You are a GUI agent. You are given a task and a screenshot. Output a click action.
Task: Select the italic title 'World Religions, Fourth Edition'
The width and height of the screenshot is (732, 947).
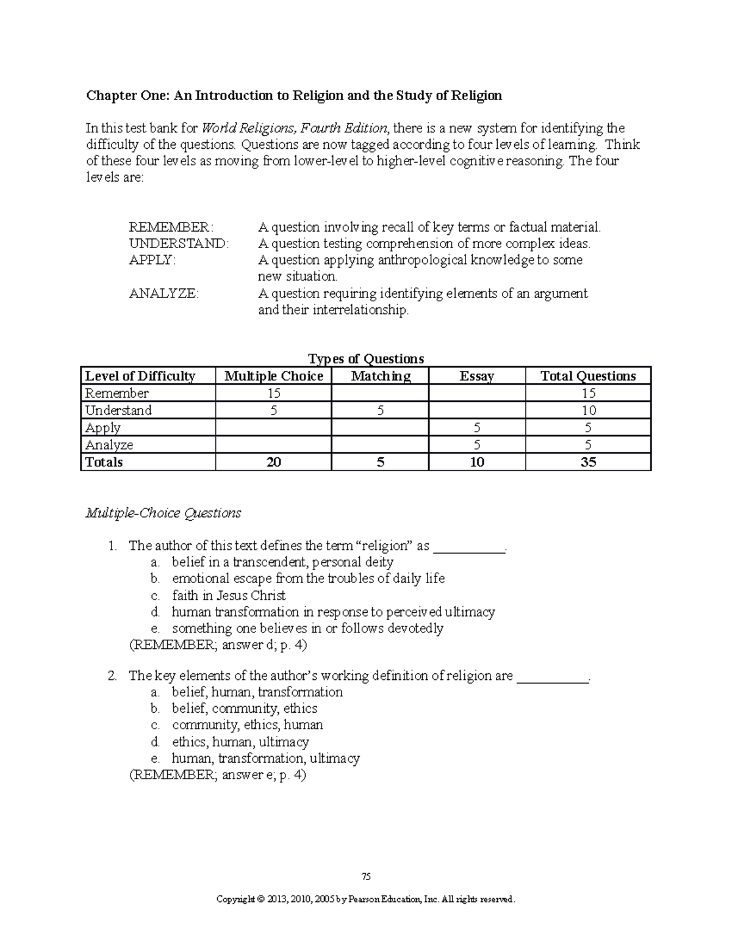click(294, 129)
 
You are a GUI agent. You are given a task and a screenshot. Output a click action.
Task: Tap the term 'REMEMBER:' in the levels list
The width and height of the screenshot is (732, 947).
click(171, 227)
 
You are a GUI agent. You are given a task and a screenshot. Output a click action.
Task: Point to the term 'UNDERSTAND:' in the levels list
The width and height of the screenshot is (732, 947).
click(179, 244)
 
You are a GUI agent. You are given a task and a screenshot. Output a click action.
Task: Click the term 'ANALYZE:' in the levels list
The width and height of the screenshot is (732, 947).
click(163, 293)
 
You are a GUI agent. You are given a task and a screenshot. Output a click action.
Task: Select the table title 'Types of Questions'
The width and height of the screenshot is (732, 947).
click(366, 359)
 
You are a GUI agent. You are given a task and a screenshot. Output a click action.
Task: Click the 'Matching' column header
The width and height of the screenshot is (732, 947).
click(380, 376)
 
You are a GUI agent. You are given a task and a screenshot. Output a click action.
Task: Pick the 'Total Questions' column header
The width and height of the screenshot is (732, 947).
click(588, 376)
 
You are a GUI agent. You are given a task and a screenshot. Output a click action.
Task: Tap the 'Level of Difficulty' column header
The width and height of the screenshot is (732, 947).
click(140, 376)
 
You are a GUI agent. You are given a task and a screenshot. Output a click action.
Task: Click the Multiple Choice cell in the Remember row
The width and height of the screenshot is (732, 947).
click(273, 393)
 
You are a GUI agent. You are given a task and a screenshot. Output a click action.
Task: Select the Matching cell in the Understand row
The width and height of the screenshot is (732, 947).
click(380, 410)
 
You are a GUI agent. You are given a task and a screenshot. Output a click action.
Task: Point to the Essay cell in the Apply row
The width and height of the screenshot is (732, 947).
click(476, 427)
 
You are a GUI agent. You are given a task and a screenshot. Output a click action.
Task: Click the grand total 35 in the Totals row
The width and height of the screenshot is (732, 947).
click(588, 462)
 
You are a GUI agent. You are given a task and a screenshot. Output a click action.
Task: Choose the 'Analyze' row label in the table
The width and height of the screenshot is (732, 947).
click(109, 445)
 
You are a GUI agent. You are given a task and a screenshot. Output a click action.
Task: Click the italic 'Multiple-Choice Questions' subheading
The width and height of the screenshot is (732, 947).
click(163, 513)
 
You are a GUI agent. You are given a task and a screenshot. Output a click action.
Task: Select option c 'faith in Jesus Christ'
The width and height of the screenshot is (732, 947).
click(229, 595)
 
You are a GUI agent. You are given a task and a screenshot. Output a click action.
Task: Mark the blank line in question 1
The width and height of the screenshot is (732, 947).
click(468, 546)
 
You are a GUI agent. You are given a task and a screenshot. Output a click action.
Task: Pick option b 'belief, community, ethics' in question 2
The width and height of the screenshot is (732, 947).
click(245, 709)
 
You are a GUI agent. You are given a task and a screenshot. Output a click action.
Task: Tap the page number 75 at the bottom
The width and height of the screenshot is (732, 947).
click(366, 877)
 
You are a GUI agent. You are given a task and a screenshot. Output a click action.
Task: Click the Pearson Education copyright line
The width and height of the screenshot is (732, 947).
click(366, 899)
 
